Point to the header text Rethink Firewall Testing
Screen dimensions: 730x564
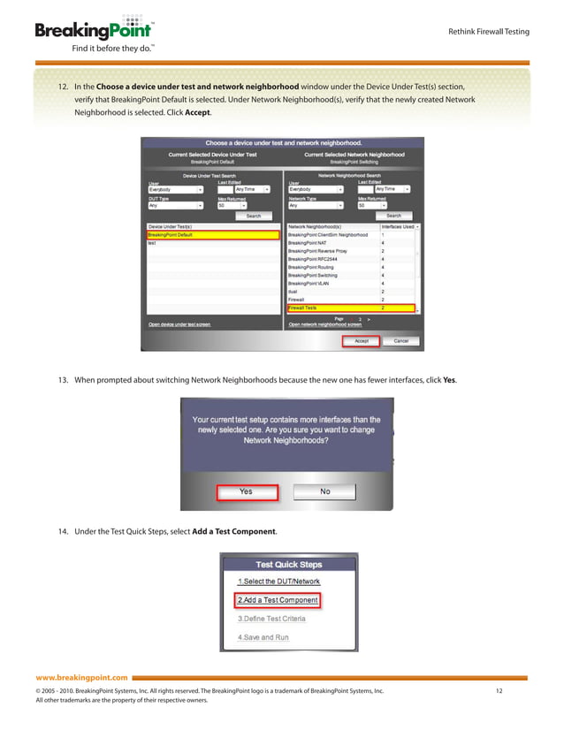pyautogui.click(x=490, y=32)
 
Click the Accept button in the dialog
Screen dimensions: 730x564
pyautogui.click(x=361, y=340)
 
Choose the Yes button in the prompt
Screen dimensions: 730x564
pyautogui.click(x=246, y=491)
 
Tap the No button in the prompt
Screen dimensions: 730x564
pyautogui.click(x=324, y=491)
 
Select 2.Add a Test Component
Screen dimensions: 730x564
pyautogui.click(x=277, y=600)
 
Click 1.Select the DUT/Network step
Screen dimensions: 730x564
pyautogui.click(x=278, y=582)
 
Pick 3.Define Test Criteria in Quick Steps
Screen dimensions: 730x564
pyautogui.click(x=271, y=619)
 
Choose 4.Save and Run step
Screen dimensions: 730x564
pyautogui.click(x=263, y=637)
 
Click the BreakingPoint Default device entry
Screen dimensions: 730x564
pyautogui.click(x=212, y=235)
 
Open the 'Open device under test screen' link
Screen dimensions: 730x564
pyautogui.click(x=179, y=324)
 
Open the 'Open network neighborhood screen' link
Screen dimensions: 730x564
pyautogui.click(x=325, y=324)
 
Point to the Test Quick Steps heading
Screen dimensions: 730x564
pyautogui.click(x=288, y=564)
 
